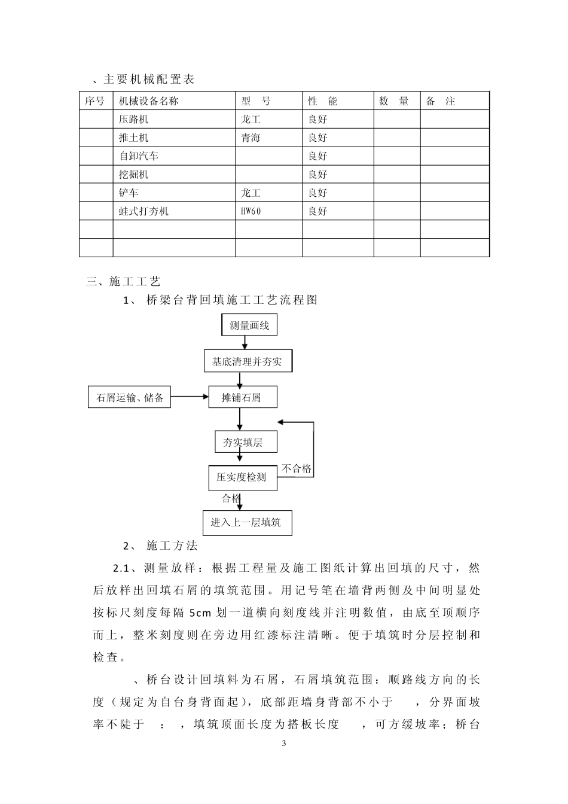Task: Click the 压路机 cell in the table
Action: point(134,119)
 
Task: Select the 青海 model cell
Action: point(251,138)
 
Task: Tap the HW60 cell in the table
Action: point(251,211)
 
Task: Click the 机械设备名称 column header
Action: point(149,101)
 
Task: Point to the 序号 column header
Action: point(94,101)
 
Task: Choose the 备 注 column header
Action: point(441,101)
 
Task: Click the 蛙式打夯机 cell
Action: point(144,211)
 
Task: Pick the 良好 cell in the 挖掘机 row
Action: point(317,175)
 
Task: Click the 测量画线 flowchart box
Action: point(249,325)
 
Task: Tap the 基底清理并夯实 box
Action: point(247,361)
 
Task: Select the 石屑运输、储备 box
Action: point(130,397)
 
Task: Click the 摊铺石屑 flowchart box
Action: point(241,397)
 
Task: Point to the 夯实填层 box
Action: point(243,442)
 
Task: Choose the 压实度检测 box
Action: point(242,477)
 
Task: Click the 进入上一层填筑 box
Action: point(245,522)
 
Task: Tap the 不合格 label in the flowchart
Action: point(297,468)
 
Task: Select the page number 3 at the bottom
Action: point(284,744)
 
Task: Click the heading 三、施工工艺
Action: point(124,281)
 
